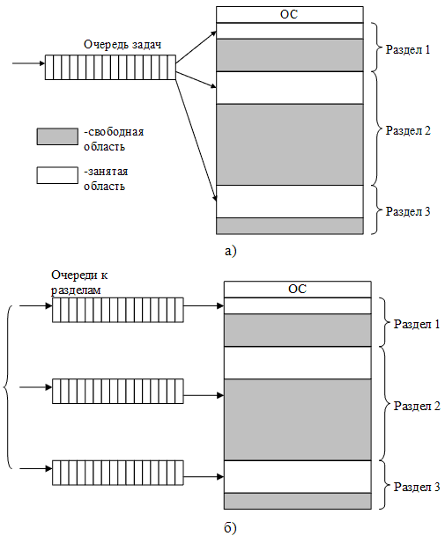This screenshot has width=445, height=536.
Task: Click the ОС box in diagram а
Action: pos(290,14)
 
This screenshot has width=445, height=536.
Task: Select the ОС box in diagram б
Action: pos(297,289)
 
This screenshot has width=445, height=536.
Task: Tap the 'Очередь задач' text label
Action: pos(122,44)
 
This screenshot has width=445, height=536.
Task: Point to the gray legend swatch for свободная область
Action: pos(57,136)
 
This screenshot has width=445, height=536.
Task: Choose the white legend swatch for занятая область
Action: pos(57,174)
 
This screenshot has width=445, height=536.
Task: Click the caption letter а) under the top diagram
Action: pos(231,251)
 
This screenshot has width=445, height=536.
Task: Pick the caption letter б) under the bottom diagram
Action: pos(231,526)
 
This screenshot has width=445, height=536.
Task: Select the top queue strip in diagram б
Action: pos(117,309)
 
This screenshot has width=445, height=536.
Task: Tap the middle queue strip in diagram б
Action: pos(117,391)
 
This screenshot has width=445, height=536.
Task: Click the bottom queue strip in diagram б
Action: pos(117,473)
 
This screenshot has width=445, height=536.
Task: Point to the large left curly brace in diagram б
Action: pos(9,387)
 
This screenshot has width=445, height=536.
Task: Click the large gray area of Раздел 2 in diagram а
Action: pos(290,143)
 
